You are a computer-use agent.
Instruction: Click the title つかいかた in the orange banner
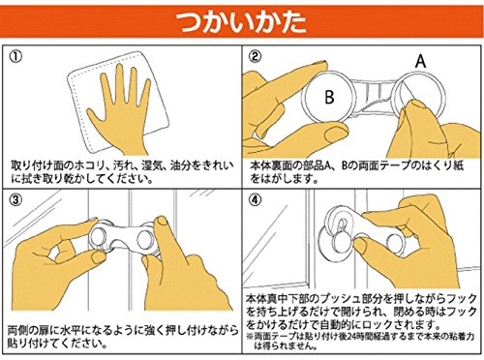coord(241,22)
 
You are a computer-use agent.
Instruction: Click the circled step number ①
coord(15,57)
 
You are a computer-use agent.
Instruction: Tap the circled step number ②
coord(255,56)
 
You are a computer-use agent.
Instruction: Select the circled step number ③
coord(15,200)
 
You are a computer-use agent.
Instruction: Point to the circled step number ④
coord(255,200)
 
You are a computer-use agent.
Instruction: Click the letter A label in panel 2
coord(420,61)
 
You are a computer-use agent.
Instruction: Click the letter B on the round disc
coord(329,97)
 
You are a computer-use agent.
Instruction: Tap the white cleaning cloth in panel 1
coord(119,100)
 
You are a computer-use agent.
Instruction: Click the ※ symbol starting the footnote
coord(250,336)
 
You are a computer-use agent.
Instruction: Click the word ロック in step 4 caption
coord(378,323)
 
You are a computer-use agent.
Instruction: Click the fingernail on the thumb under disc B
coord(336,134)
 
